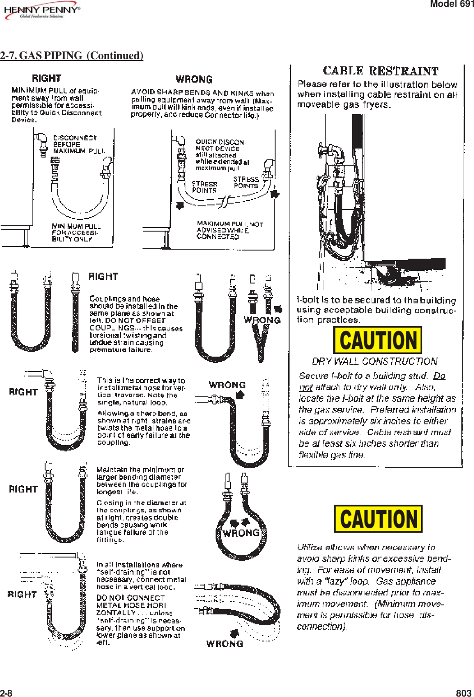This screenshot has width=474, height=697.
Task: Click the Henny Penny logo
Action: [41, 12]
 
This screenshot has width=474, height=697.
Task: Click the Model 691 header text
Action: [451, 4]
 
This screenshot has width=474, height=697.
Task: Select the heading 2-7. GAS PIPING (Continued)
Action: [72, 56]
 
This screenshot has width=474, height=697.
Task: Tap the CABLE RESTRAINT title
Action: [381, 71]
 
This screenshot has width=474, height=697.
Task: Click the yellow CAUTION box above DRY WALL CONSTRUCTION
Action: [377, 340]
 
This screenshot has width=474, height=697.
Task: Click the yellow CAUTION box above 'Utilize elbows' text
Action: [378, 519]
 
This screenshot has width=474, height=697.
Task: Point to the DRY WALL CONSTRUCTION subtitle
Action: [374, 361]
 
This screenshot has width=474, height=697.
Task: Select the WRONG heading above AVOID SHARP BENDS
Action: [194, 79]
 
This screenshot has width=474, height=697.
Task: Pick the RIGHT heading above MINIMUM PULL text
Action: [46, 79]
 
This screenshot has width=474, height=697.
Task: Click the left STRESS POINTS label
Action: [204, 187]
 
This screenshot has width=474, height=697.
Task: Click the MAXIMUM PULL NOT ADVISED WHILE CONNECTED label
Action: [229, 230]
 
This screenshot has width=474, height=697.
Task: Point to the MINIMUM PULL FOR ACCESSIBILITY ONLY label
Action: [76, 232]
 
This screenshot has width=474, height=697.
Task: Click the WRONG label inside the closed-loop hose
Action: [241, 533]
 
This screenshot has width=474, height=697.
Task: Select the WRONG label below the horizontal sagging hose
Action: [225, 644]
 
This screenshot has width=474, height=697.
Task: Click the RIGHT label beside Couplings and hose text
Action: [103, 276]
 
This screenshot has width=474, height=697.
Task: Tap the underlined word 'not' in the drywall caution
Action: [305, 387]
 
